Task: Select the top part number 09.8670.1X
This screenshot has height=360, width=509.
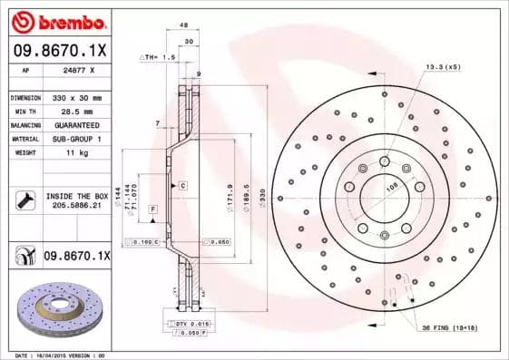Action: click(59, 50)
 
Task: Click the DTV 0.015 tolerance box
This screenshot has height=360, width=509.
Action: click(186, 324)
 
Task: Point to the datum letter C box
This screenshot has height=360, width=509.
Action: click(182, 185)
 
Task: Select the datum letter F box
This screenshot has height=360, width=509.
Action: click(153, 209)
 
